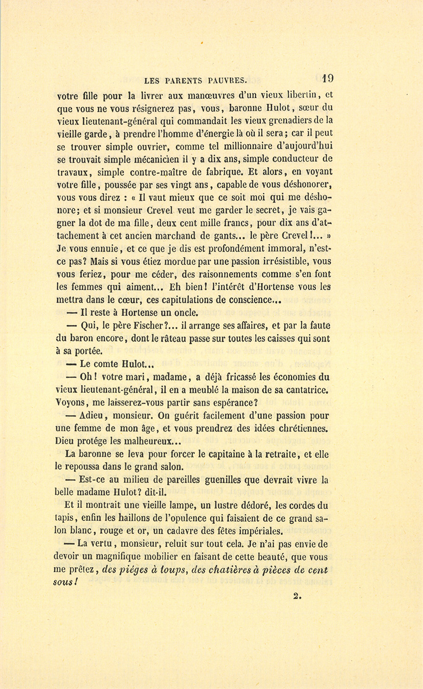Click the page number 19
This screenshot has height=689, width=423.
click(328, 78)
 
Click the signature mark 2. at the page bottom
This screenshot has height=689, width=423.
click(296, 596)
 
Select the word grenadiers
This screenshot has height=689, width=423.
click(282, 121)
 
